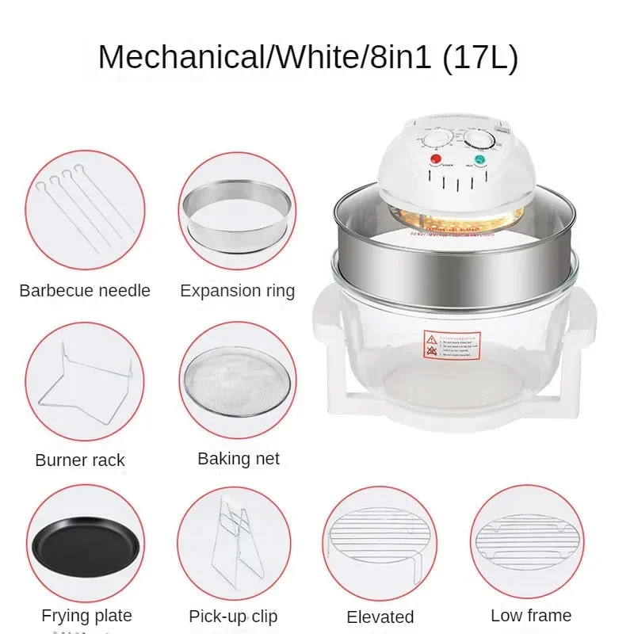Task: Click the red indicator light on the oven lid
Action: coord(434,160)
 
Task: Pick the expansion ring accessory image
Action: coord(236,211)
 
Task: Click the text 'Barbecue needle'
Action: coord(85,291)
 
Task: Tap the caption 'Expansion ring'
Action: coord(237,291)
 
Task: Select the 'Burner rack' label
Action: coord(80,460)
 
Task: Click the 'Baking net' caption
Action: coord(239,459)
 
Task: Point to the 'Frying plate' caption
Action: coord(86,616)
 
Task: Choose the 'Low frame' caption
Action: coord(531,616)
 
